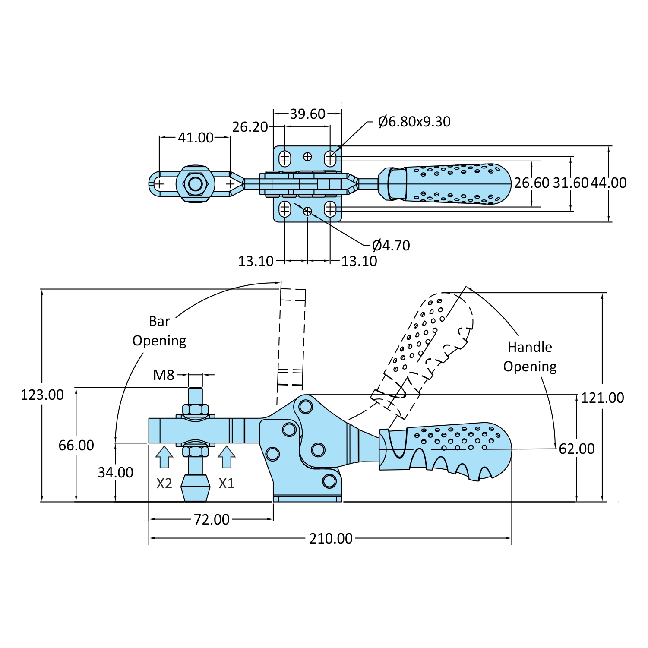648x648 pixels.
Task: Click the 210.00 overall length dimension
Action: [331, 538]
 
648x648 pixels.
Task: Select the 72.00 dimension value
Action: [212, 519]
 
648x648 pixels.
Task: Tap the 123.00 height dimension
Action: [42, 395]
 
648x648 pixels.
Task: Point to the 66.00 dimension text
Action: [76, 445]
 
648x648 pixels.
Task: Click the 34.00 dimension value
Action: [115, 472]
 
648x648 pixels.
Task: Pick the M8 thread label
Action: [164, 375]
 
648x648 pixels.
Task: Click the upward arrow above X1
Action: [226, 457]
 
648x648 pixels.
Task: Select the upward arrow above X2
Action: [164, 457]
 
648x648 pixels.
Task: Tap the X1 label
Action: [226, 483]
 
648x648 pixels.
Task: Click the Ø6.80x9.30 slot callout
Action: [414, 122]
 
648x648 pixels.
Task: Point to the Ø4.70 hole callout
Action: [391, 245]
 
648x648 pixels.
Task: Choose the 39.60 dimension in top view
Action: [307, 114]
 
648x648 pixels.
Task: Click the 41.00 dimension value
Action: [196, 138]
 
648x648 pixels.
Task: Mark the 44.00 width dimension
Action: [609, 183]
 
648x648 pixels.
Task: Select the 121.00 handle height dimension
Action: [602, 398]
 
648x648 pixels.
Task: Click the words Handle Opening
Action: [530, 357]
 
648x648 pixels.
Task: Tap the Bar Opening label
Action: [159, 331]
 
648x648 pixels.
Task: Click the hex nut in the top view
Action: [196, 184]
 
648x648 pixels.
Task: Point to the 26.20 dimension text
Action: [250, 127]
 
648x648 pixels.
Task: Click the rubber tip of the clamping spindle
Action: [196, 488]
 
